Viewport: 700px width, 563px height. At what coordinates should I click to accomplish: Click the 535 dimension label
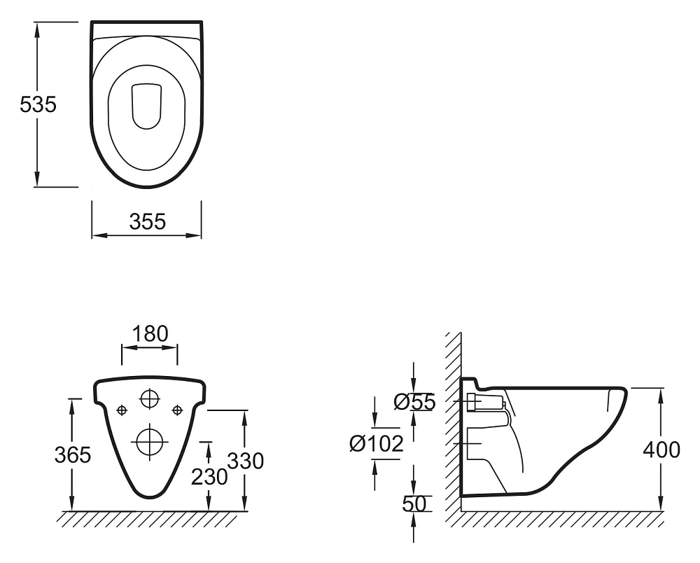(x=38, y=104)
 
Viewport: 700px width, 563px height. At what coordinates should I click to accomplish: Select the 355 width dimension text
(x=147, y=221)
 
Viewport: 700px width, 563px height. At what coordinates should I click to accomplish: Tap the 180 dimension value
(x=150, y=333)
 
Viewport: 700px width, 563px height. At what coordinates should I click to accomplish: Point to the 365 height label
(x=73, y=455)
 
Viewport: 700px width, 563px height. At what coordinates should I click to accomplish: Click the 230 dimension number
(x=209, y=477)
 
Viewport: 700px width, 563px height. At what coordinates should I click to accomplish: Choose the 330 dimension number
(x=246, y=461)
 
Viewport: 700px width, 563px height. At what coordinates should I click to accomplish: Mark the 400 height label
(x=661, y=450)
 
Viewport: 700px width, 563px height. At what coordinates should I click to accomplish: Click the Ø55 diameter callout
(x=414, y=402)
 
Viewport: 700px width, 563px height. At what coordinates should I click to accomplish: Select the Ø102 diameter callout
(x=377, y=443)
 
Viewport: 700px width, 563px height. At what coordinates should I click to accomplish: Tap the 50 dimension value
(x=414, y=503)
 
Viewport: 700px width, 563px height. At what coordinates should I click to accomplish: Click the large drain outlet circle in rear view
(x=150, y=442)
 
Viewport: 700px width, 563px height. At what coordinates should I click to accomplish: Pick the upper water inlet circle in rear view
(x=150, y=398)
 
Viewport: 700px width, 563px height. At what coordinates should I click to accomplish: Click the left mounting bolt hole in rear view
(x=122, y=410)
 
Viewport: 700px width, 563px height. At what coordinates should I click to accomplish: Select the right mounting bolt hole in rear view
(x=178, y=410)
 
